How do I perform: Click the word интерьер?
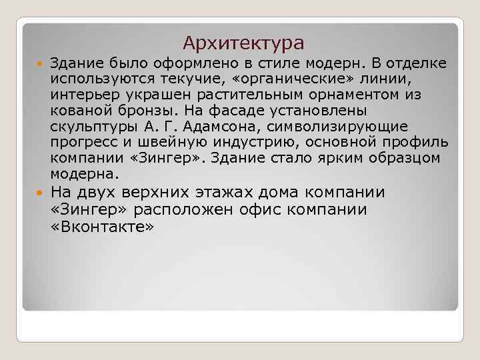click(78, 96)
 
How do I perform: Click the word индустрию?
click(250, 143)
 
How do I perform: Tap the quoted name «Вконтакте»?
click(103, 228)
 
